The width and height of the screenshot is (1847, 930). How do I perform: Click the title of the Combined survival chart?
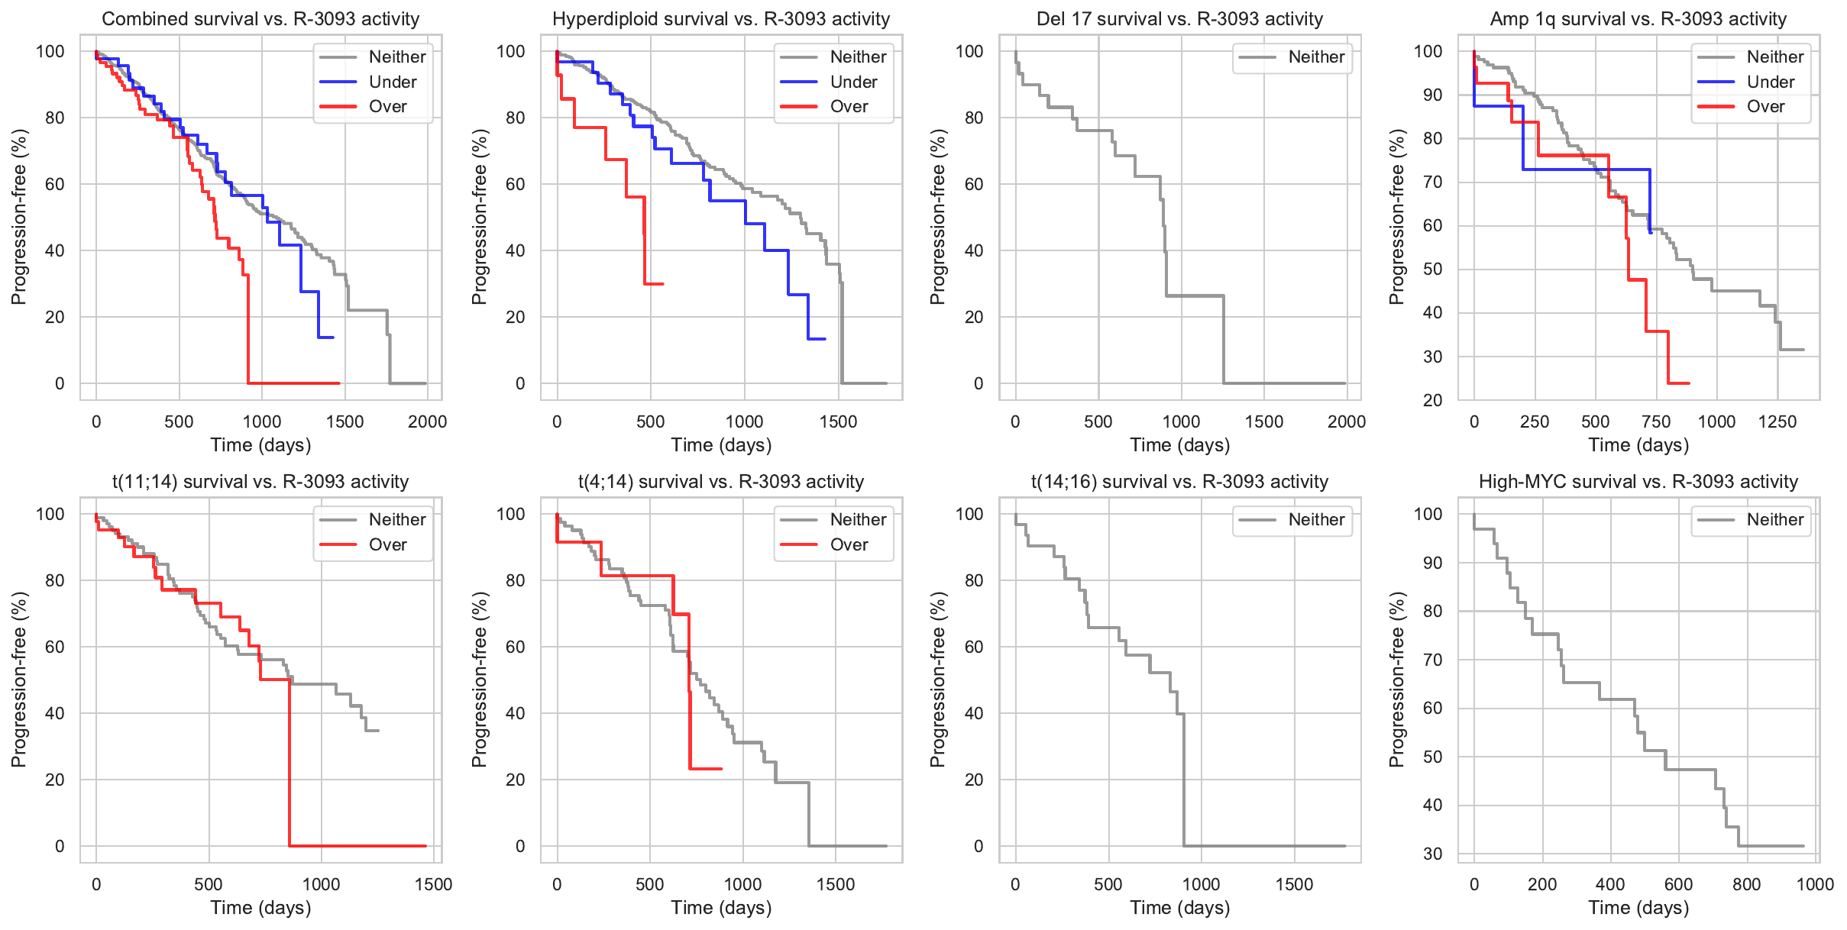(260, 19)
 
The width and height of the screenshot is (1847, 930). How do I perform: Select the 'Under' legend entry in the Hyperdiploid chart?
(852, 82)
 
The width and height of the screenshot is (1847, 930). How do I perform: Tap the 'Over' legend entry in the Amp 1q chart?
(1765, 106)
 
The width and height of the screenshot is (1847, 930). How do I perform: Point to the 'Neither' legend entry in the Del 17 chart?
(1316, 57)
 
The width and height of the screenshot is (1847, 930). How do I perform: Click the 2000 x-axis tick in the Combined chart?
(427, 421)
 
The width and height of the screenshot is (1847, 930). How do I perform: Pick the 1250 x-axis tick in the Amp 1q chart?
(1777, 421)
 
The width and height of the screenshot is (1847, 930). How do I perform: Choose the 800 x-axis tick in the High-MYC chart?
(1747, 884)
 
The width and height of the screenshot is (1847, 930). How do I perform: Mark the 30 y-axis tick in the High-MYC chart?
(1432, 854)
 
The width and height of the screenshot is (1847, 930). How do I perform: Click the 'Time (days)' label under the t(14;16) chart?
(1179, 908)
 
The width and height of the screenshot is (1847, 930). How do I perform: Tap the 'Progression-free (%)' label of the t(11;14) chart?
(19, 680)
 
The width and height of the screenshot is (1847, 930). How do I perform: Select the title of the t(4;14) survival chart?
(720, 482)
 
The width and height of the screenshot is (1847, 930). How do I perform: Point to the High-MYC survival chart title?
(1638, 482)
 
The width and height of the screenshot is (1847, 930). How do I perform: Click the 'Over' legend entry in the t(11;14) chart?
(387, 544)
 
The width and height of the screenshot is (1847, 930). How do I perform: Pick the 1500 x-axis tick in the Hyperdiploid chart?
(838, 421)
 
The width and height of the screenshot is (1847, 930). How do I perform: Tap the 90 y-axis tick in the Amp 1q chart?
(1432, 95)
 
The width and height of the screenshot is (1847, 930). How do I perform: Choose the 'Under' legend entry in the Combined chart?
(392, 82)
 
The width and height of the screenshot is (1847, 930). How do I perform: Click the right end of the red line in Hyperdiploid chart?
(662, 284)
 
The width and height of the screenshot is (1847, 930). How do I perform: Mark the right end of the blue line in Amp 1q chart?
(1651, 232)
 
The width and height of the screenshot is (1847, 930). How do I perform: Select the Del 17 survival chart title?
(1179, 19)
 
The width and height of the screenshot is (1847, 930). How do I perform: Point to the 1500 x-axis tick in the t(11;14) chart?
(433, 884)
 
